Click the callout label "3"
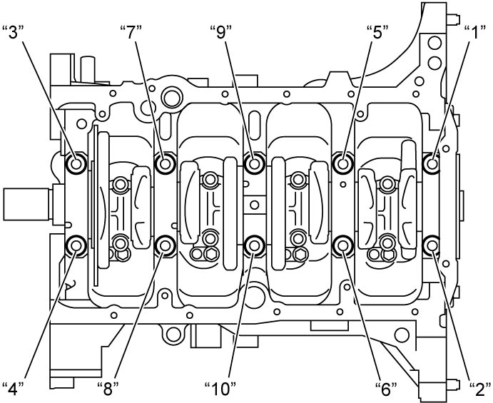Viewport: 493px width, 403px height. [14, 32]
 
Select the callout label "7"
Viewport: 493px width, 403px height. [131, 32]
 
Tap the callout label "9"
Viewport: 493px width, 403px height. [220, 32]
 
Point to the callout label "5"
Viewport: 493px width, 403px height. [377, 32]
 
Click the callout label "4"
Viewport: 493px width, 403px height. [14, 389]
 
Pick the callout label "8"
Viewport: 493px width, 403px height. [108, 389]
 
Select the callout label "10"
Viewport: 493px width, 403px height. [220, 389]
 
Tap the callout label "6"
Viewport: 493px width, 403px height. [386, 389]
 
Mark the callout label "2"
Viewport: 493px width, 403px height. [479, 389]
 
